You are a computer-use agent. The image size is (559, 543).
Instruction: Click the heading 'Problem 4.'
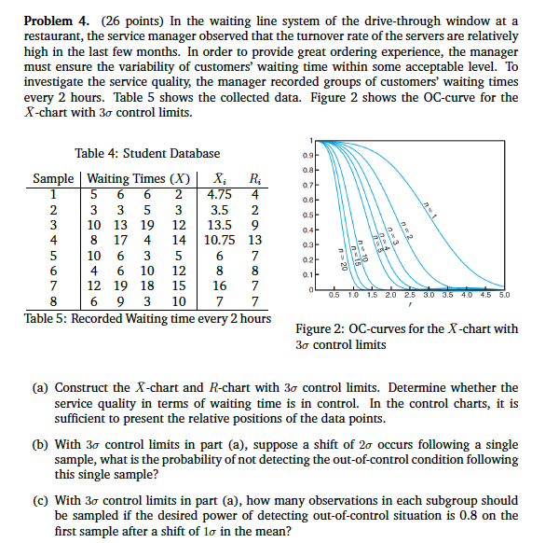[56, 21]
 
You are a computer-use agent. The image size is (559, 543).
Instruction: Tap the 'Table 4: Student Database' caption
[147, 153]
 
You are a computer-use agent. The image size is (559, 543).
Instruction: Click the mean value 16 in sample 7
[219, 285]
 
